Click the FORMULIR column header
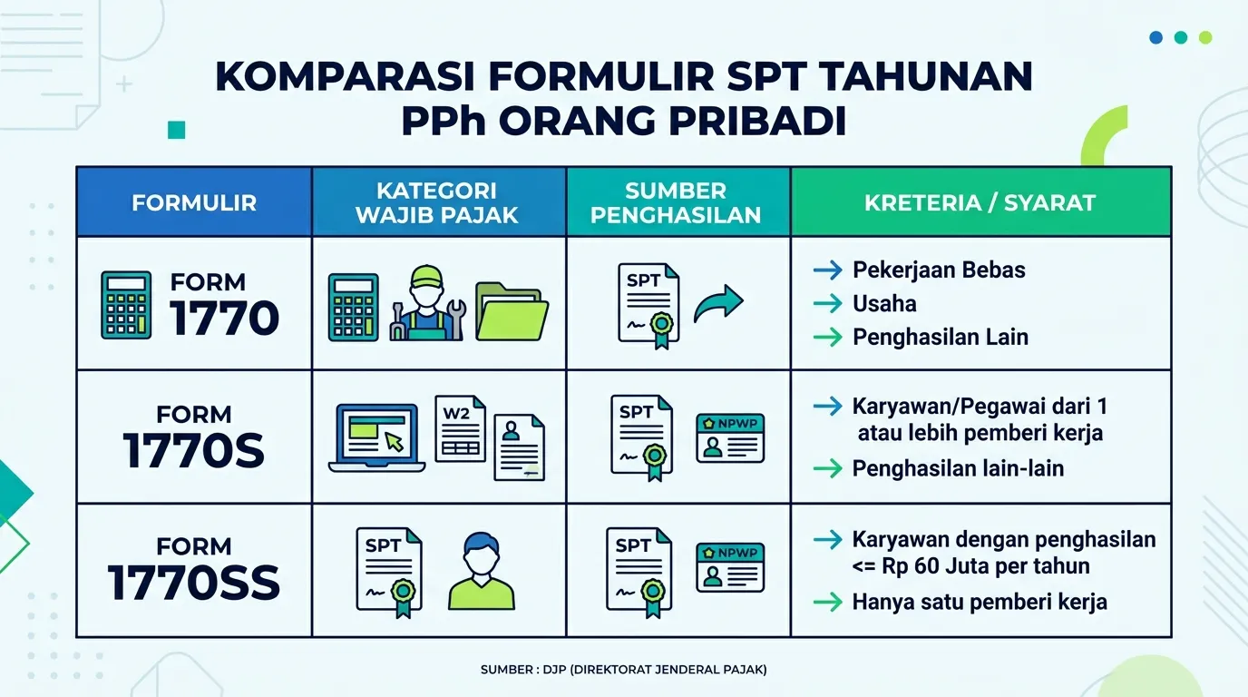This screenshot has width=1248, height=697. [194, 202]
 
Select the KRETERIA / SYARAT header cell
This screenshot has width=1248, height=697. [980, 202]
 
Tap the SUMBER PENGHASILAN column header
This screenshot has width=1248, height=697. [678, 202]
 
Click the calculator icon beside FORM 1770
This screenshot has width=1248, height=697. [126, 305]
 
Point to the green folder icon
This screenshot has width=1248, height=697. [512, 311]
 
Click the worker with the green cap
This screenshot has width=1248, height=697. [427, 303]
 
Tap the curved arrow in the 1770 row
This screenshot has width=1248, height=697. [718, 304]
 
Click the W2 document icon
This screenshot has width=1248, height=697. [460, 428]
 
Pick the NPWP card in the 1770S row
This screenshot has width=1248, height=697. [730, 438]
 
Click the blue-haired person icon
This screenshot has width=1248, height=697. [482, 571]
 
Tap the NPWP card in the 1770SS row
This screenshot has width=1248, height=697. [730, 567]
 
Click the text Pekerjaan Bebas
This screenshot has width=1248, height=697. [939, 270]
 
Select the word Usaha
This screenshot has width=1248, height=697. [884, 304]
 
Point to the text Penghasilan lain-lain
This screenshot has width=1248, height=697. [958, 468]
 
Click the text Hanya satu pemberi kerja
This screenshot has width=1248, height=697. [980, 603]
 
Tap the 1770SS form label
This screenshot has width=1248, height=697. [194, 569]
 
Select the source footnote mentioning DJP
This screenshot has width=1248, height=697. [623, 670]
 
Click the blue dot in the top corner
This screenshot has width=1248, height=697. [1156, 37]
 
